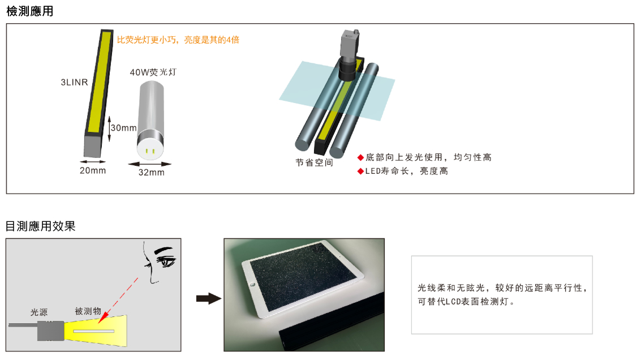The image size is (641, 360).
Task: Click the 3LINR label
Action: (75, 82)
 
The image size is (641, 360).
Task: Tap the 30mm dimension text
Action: (123, 127)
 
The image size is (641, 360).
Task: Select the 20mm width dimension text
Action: (93, 170)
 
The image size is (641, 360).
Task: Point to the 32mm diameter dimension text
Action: (151, 172)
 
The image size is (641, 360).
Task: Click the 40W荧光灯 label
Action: (153, 72)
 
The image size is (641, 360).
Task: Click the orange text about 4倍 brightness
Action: (178, 40)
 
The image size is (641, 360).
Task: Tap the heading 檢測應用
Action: (30, 11)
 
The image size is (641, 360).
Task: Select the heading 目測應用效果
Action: (41, 226)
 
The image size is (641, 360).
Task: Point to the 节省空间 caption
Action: (314, 162)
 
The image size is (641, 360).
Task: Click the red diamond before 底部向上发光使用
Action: (360, 157)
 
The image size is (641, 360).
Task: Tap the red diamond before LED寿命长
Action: (360, 171)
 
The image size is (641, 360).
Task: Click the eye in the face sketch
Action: (166, 260)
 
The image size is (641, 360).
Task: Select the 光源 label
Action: (39, 312)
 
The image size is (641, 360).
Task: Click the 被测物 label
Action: (88, 311)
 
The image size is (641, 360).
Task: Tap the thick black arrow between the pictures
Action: (209, 298)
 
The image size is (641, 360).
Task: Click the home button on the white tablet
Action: (253, 284)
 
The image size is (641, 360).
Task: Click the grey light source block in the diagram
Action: (51, 331)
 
